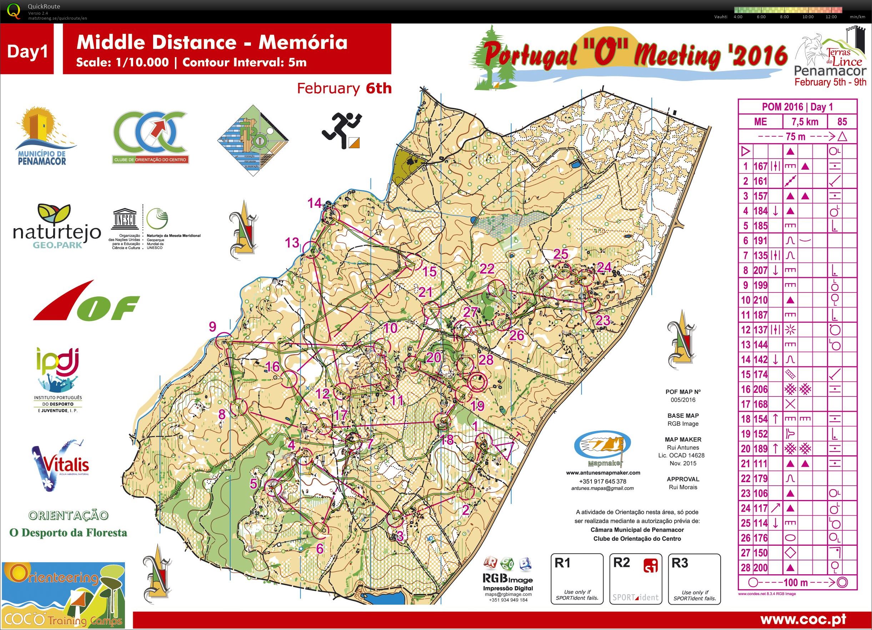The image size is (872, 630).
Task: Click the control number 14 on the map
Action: [x=314, y=203]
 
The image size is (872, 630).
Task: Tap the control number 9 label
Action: [x=212, y=327]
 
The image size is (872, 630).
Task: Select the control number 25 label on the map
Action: [x=560, y=254]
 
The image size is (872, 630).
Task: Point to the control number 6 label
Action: [x=319, y=549]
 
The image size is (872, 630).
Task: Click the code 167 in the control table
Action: [x=760, y=166]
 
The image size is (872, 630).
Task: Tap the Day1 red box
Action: [x=28, y=51]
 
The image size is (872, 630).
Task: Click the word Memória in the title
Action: [x=303, y=42]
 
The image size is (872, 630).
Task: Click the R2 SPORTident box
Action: [x=636, y=579]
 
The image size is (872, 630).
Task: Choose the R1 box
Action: [x=577, y=579]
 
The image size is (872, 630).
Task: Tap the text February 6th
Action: [x=344, y=89]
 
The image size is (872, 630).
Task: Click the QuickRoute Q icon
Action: [x=14, y=10]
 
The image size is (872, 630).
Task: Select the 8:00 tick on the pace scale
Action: [x=784, y=17]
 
